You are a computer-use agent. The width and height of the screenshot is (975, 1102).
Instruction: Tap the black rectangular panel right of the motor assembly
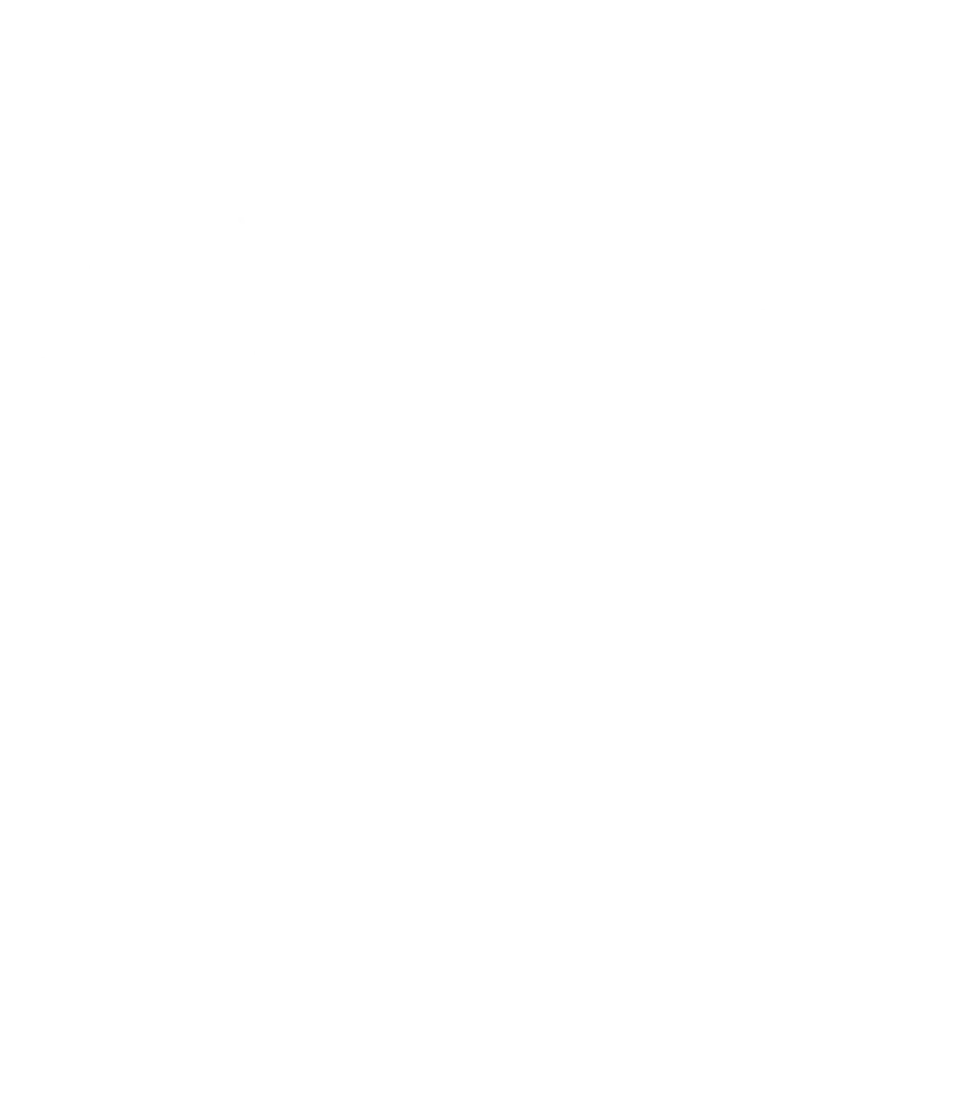[492, 334]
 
